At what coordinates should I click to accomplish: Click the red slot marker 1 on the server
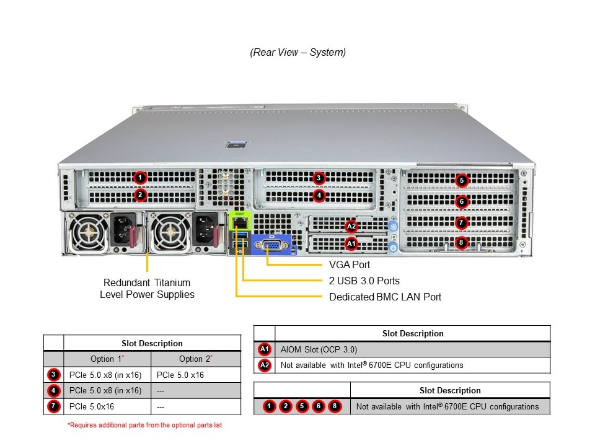tap(141, 178)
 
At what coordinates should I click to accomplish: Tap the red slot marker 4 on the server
tap(319, 195)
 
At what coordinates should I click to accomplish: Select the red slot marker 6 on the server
tap(461, 201)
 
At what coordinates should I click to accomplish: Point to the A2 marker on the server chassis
tap(351, 227)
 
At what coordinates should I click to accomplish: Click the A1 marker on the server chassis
tap(351, 244)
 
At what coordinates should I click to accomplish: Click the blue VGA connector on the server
tap(271, 246)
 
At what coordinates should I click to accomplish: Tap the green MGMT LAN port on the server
tap(240, 221)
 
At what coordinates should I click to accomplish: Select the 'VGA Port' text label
tap(350, 265)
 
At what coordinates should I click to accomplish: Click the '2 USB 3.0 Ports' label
tap(364, 281)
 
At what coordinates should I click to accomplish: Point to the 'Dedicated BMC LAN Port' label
tap(385, 297)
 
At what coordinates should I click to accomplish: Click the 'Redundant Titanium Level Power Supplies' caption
tap(147, 289)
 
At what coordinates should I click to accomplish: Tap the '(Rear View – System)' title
tap(297, 52)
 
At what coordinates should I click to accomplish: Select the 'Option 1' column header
tap(107, 359)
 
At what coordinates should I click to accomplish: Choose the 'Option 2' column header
tap(196, 359)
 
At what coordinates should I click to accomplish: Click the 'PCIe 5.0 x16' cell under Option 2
tap(180, 375)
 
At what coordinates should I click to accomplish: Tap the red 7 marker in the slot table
tap(53, 406)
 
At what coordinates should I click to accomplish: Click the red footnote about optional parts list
tap(144, 425)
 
